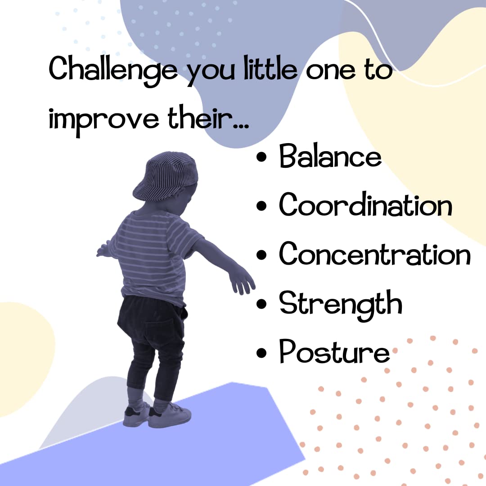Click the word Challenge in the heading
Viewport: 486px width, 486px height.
pos(113,70)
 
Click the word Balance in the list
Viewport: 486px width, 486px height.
pos(330,156)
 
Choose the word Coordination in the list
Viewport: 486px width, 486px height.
pos(365,205)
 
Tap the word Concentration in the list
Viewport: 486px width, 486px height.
pos(375,254)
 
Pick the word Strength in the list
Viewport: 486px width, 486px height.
pos(340,304)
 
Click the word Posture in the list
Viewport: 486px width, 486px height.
pos(334,352)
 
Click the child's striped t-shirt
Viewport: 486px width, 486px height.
pos(153,252)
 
